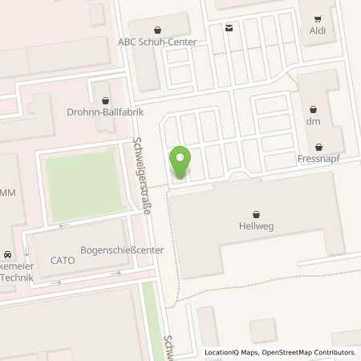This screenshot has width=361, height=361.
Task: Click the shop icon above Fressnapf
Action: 321,148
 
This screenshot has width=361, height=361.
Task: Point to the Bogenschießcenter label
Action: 123,250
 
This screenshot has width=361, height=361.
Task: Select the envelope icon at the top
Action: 230,28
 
